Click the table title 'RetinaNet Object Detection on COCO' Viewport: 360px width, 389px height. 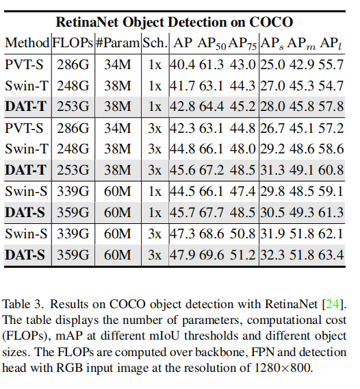pos(173,21)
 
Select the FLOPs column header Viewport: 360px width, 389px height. pos(73,42)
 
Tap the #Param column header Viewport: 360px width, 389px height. pos(117,42)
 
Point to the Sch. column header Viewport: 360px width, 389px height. pos(154,42)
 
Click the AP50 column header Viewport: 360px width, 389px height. pos(211,42)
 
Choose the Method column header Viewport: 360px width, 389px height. pos(27,42)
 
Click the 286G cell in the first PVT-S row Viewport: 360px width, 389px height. pos(73,66)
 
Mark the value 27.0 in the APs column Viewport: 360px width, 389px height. pos(272,86)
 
